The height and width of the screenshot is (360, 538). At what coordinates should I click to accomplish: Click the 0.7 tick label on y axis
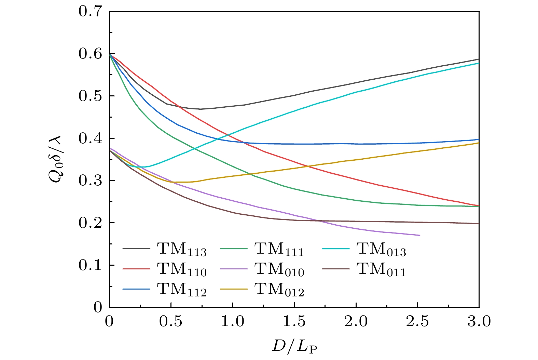coord(90,11)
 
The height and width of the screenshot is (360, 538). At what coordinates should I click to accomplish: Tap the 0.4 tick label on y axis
coord(90,138)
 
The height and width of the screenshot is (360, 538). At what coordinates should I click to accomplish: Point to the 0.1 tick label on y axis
coord(90,265)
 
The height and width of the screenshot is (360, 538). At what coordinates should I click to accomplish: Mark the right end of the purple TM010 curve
coord(419,235)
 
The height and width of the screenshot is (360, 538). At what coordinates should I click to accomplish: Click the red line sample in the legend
coord(136,269)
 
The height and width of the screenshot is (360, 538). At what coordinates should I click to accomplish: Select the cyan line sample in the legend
coord(335,249)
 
